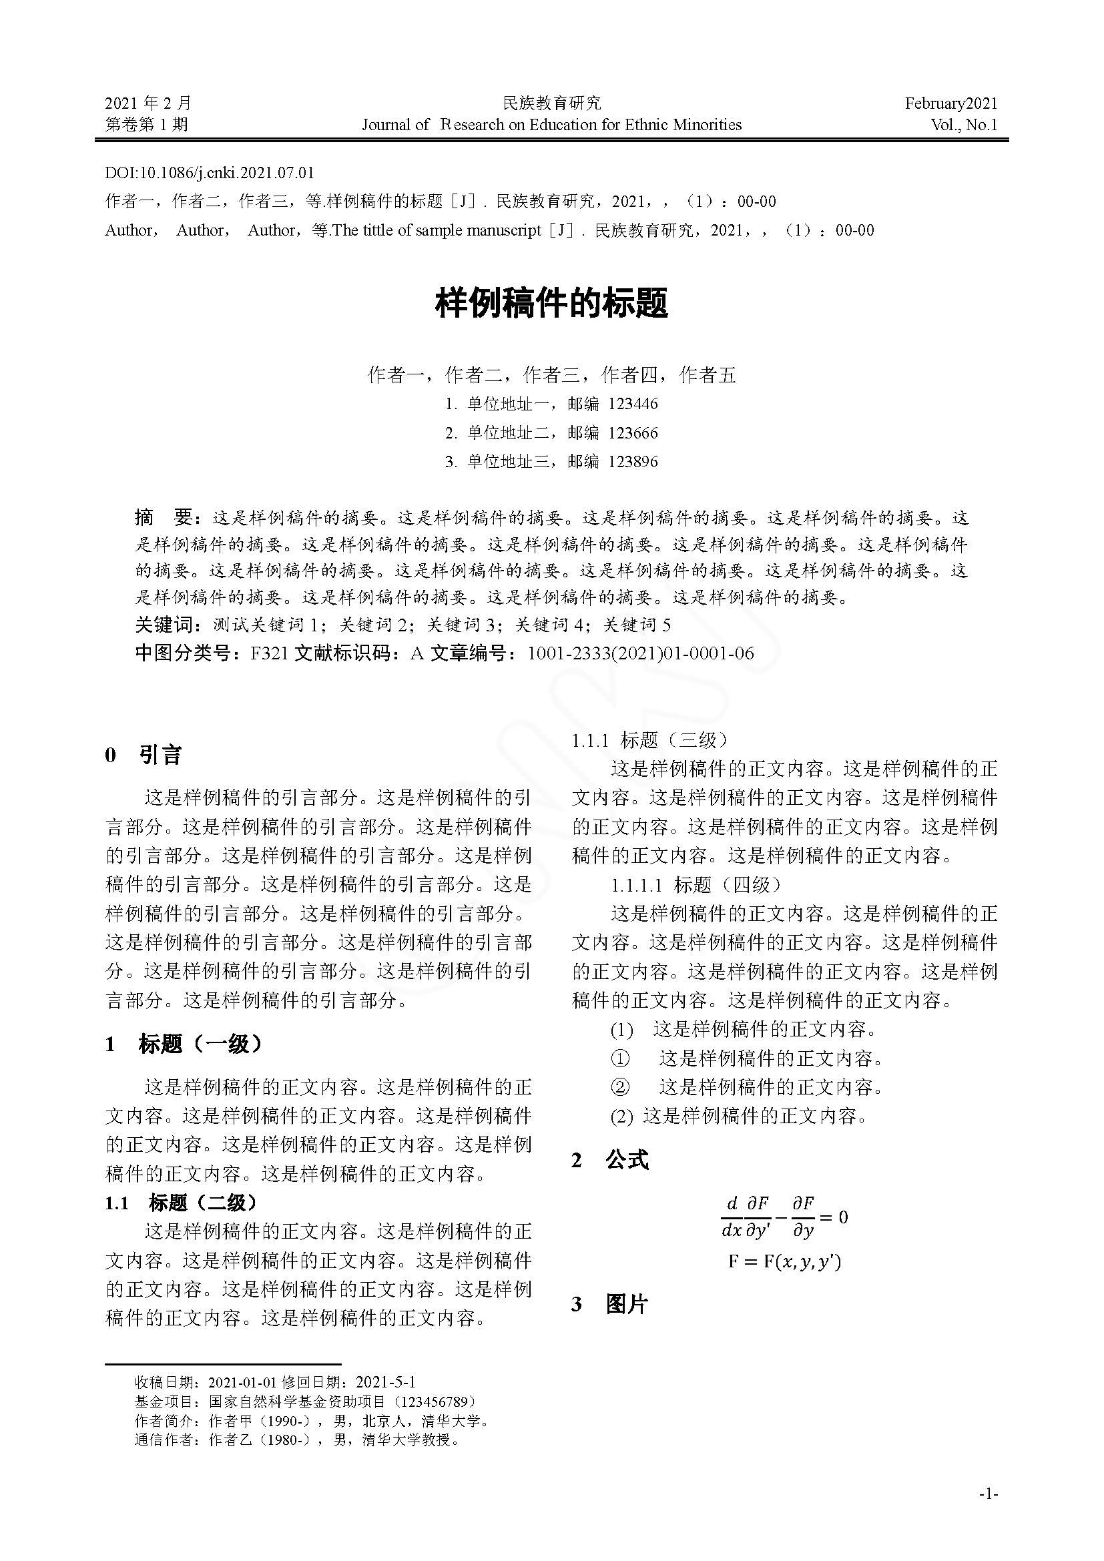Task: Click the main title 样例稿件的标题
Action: [551, 303]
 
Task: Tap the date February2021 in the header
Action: [950, 103]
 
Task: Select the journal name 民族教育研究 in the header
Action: [551, 103]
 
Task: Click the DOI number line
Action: [210, 173]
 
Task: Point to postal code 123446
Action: [633, 404]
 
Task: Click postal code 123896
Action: [633, 462]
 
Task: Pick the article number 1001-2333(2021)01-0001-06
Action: [640, 653]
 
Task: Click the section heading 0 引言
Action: [144, 755]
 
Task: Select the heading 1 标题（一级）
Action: [184, 1044]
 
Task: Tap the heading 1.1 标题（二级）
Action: [182, 1203]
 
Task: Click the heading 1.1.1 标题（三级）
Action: [650, 740]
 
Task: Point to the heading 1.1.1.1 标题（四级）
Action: [696, 884]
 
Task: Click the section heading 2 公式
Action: [610, 1160]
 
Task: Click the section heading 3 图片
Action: [610, 1304]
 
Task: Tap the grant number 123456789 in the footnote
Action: [435, 1401]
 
